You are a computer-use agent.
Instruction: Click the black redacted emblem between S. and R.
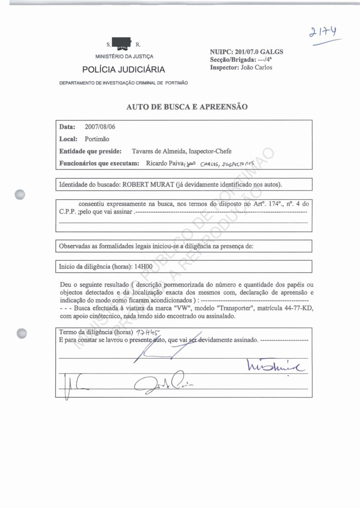coord(121,43)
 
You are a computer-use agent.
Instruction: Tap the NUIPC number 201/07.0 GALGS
coord(259,51)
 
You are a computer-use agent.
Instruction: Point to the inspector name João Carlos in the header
coord(255,67)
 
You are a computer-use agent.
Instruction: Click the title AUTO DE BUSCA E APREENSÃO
coord(187,107)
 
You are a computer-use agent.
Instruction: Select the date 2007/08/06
coord(100,127)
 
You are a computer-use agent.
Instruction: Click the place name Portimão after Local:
coord(97,139)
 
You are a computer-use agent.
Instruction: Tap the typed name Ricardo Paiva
coord(163,163)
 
